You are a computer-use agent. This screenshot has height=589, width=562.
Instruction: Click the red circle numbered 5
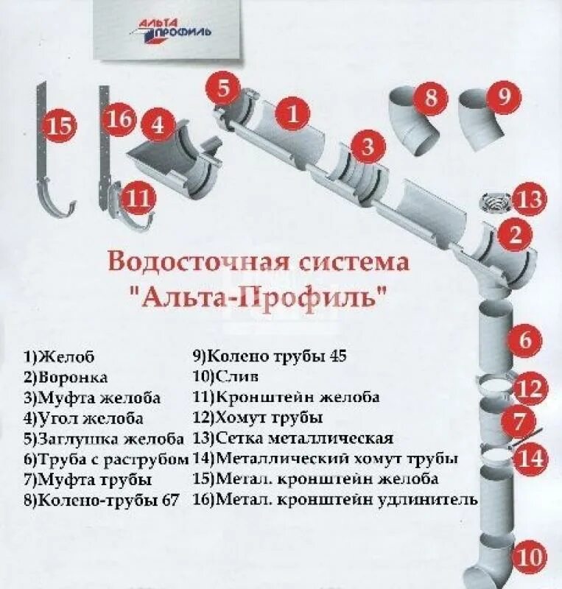coord(223,89)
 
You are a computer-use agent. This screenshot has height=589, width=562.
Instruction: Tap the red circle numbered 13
coord(530,200)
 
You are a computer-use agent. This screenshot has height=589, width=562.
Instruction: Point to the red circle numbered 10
coord(530,557)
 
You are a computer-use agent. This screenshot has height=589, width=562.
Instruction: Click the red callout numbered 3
coord(368,146)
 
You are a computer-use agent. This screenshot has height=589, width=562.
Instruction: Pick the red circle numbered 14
coord(530,459)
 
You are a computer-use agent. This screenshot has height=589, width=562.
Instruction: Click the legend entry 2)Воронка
coord(66,377)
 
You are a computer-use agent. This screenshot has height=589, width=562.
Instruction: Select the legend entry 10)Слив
coord(226,376)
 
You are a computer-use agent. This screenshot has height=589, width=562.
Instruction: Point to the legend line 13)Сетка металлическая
coord(293,438)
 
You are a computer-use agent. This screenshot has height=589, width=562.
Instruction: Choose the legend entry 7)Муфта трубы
coord(88,479)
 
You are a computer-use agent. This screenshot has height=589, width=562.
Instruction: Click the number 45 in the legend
coord(337,356)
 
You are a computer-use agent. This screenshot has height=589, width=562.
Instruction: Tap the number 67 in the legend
coord(170,500)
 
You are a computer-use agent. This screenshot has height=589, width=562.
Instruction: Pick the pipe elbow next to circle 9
coord(480,119)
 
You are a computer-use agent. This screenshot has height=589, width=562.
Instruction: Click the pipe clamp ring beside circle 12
coord(494,385)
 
